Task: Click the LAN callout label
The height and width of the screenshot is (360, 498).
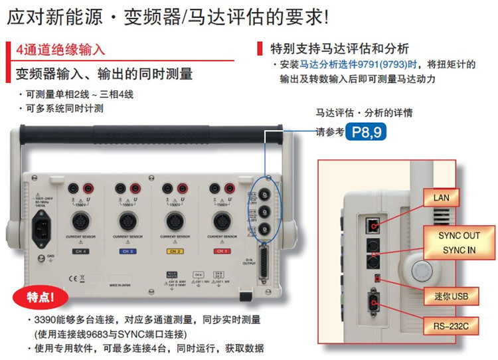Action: pyautogui.click(x=442, y=198)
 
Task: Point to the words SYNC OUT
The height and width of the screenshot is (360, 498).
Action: pyautogui.click(x=459, y=236)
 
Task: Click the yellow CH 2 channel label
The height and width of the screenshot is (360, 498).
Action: pyautogui.click(x=174, y=251)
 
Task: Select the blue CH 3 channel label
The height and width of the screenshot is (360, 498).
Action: pyautogui.click(x=126, y=251)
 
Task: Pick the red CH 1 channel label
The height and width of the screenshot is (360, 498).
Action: pyautogui.click(x=220, y=251)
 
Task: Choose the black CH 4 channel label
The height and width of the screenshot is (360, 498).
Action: pyautogui.click(x=78, y=251)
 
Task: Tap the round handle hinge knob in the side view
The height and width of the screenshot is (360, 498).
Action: pyautogui.click(x=421, y=270)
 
